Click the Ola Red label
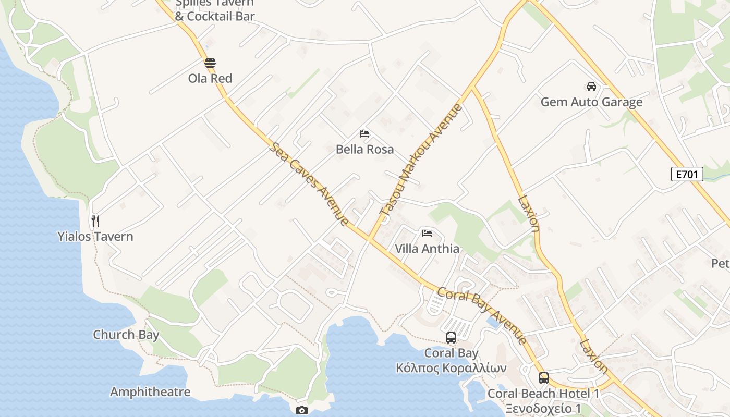click(x=210, y=79)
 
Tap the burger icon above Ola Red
click(x=210, y=64)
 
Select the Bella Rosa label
click(x=364, y=150)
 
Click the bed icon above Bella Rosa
click(x=364, y=134)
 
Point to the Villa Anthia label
click(x=427, y=249)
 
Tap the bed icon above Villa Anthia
click(x=427, y=234)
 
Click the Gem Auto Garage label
click(x=591, y=102)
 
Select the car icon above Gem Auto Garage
click(x=591, y=87)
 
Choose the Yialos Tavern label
click(x=95, y=237)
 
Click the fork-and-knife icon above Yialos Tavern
click(x=95, y=221)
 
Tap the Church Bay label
click(x=126, y=335)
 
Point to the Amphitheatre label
click(x=150, y=392)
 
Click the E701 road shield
click(x=687, y=174)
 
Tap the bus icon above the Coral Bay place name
click(x=451, y=338)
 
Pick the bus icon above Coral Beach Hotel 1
click(x=544, y=378)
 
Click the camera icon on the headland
click(x=301, y=411)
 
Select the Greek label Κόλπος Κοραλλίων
click(x=451, y=368)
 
